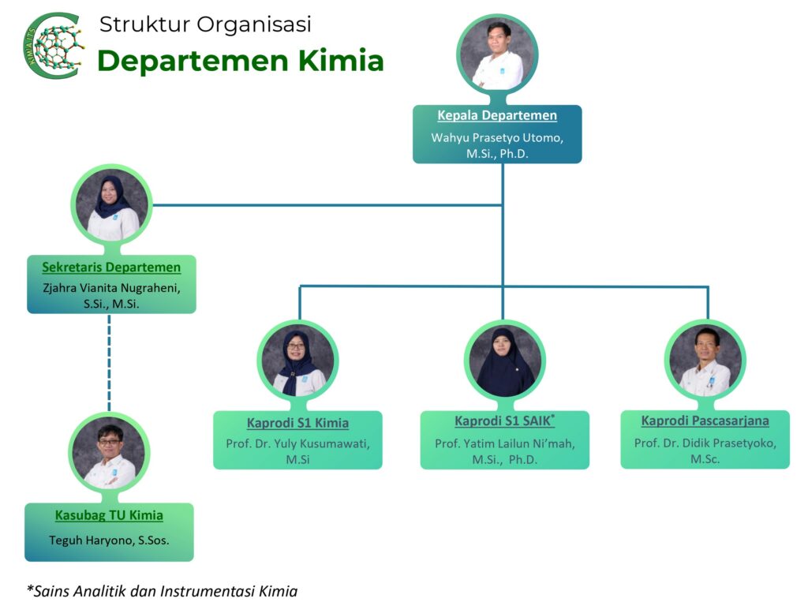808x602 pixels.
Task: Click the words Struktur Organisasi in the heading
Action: (205, 24)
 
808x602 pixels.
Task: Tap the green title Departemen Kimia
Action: (241, 61)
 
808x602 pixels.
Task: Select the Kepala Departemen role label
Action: (497, 115)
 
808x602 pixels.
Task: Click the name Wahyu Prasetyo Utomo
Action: (497, 137)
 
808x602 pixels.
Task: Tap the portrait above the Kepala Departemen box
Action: (498, 54)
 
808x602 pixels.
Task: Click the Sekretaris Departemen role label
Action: (111, 267)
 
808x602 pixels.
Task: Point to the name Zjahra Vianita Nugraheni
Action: (111, 288)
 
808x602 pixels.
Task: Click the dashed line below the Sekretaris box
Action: (110, 362)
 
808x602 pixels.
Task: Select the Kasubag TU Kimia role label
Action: (109, 516)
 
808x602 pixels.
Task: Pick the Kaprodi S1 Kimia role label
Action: (297, 423)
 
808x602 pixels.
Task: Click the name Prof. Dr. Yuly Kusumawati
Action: (297, 443)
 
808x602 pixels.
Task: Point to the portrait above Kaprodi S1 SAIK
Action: (505, 361)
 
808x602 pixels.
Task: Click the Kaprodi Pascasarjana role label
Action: (705, 421)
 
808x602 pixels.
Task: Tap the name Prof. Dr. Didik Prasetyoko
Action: (705, 443)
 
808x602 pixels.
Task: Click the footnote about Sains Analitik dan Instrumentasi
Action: (163, 590)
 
